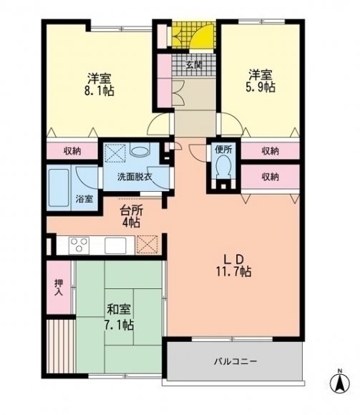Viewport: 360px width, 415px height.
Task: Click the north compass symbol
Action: tap(340, 381)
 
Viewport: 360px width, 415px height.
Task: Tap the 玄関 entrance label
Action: tap(194, 65)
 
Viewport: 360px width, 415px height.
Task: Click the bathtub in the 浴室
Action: tap(59, 188)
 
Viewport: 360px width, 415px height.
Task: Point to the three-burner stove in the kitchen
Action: tap(79, 245)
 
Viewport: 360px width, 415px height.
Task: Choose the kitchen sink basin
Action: tap(115, 245)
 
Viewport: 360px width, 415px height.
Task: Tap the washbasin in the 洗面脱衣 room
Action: tap(140, 151)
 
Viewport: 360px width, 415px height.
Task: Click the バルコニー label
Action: tap(235, 361)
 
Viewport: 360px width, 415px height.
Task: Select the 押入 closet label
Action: tap(59, 288)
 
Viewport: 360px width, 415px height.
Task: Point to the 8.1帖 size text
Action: tap(99, 91)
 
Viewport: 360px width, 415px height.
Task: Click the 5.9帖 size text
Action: tap(261, 87)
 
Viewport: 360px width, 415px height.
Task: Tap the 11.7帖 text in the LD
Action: tap(234, 272)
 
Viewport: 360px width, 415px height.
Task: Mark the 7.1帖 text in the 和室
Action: tap(119, 325)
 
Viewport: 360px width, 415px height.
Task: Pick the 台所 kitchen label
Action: tap(132, 210)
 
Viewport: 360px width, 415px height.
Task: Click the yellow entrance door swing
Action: tap(202, 36)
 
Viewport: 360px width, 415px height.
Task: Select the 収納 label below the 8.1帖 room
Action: tap(72, 151)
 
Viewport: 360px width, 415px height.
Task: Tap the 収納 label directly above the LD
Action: tap(271, 177)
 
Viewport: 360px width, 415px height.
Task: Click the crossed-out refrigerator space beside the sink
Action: tap(147, 245)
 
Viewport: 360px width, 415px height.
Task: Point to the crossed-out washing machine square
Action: tap(115, 152)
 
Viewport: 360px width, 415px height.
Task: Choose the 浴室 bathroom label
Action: tap(84, 199)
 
